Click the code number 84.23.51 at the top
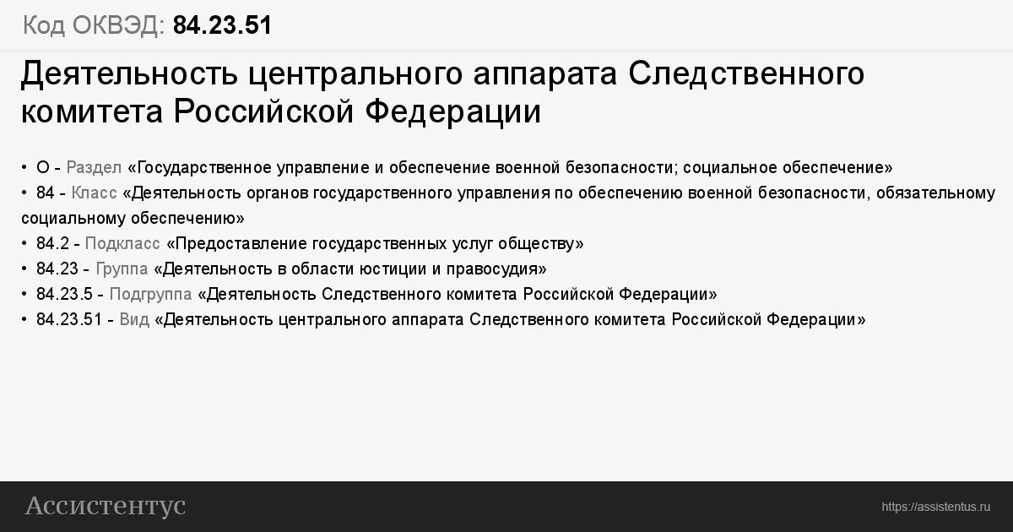tap(222, 25)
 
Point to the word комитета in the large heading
tap(93, 112)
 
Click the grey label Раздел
tap(94, 167)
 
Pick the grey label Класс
tap(94, 193)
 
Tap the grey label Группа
tap(122, 269)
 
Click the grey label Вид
tap(135, 320)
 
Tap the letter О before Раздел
tap(43, 167)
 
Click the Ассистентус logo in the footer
tap(106, 506)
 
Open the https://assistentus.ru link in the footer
tap(934, 507)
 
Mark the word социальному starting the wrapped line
tap(73, 218)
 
